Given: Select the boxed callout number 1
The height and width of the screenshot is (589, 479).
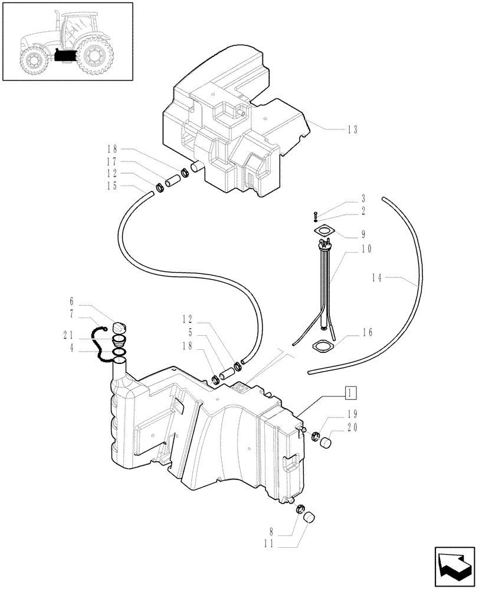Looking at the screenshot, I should tap(350, 392).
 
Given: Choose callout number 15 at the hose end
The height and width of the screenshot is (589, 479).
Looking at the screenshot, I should tap(112, 186).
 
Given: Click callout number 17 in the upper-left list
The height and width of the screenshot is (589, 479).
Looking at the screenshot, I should tap(112, 161).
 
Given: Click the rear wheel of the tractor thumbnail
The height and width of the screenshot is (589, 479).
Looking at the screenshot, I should tap(95, 57).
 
